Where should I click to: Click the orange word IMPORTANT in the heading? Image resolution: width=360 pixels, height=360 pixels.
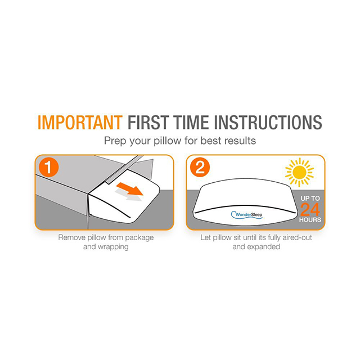pos(80,123)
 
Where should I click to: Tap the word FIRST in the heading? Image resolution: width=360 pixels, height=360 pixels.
pos(148,123)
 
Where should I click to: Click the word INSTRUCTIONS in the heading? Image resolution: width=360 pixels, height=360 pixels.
pos(268,123)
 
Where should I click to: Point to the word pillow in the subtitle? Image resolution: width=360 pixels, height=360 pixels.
pos(168,141)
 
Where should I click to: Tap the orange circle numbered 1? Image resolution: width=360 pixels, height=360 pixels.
pos(49,167)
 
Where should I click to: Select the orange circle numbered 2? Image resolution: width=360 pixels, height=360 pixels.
pos(200,167)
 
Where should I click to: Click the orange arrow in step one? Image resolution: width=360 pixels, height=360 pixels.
pos(129,189)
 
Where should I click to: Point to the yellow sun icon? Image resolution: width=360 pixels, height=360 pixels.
pos(299,172)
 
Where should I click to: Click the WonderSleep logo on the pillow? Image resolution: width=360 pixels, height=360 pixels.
pos(246,215)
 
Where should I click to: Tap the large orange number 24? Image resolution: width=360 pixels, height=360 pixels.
pos(310,209)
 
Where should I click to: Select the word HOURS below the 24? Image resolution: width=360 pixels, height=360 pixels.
pos(310,220)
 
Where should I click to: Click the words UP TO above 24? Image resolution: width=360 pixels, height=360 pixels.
pos(310,199)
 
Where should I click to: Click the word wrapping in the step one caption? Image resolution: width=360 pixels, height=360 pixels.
pos(113,247)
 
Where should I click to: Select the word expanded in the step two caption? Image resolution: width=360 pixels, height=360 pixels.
pos(265,247)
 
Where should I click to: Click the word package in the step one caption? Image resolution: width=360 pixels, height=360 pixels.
pos(139,238)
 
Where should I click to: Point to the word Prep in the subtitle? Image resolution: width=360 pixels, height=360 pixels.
pos(115,141)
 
